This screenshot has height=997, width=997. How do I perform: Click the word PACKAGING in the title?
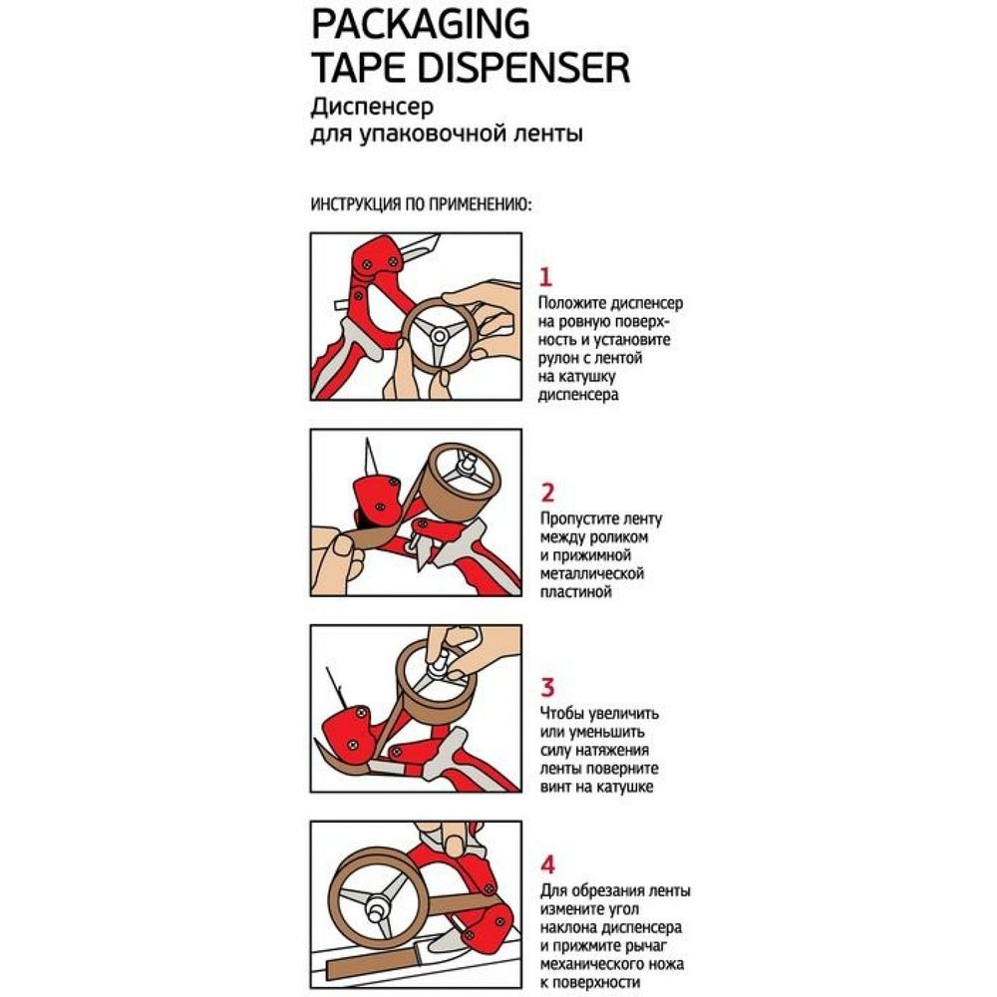421,24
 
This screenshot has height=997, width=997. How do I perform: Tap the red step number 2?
546,493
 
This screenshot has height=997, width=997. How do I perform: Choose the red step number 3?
546,687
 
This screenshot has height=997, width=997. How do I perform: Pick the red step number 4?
546,864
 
